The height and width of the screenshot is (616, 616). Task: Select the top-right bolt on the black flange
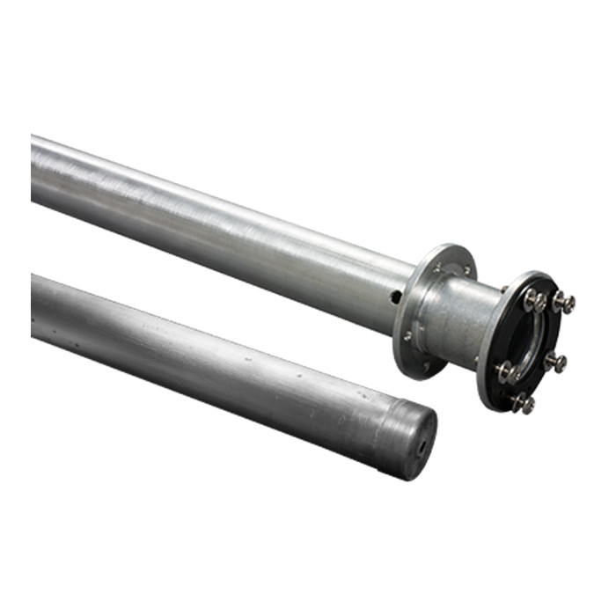[x=563, y=303]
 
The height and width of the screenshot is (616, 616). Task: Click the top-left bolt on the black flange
[x=534, y=300]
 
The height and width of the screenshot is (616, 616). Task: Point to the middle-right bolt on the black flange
[x=555, y=361]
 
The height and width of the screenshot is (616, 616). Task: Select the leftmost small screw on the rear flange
[x=407, y=335]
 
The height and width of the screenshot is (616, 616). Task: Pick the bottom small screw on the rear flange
[x=425, y=364]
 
